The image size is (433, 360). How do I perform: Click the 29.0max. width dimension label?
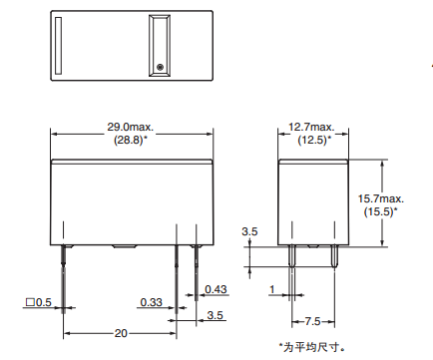click(130, 127)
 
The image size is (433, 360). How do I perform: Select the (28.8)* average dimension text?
click(131, 140)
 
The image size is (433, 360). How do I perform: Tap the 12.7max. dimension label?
click(311, 127)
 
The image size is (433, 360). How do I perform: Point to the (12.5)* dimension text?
click(314, 140)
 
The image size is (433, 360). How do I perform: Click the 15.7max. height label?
click(381, 198)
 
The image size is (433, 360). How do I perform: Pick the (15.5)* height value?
click(380, 211)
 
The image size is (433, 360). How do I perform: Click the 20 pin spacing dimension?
click(121, 333)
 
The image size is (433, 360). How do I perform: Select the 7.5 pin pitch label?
click(312, 321)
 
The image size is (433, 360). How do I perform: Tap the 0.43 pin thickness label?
click(216, 289)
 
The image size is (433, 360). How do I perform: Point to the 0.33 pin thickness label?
click(151, 302)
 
